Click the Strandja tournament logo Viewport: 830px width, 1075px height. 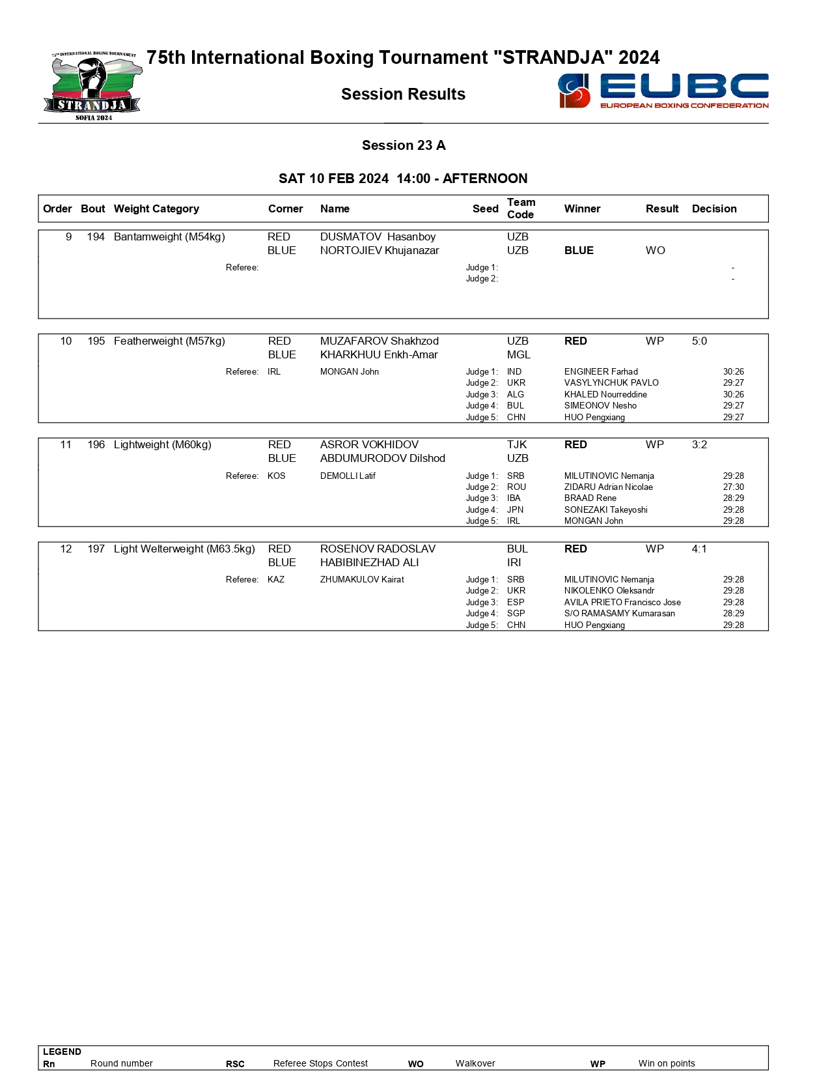pos(93,87)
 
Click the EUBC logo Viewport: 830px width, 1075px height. pos(663,91)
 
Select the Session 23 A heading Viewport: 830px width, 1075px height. pos(404,145)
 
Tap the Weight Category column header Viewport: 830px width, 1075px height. pos(156,208)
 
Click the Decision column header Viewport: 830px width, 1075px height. pos(714,208)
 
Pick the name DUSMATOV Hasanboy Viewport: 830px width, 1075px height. pos(378,236)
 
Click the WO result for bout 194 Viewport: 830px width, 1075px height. pos(655,250)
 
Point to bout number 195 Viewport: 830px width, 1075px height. pos(96,341)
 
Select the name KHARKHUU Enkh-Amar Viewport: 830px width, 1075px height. pos(379,354)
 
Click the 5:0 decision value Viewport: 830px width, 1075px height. pos(699,341)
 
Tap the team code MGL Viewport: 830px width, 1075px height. pos(519,354)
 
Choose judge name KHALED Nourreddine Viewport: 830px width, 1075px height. pos(605,394)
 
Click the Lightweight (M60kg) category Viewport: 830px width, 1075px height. pos(163,444)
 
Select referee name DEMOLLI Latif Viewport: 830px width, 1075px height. pos(348,476)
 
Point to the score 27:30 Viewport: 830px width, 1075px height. pos(733,487)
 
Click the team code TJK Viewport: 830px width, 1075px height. pos(517,444)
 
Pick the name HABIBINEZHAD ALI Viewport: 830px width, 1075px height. pos(369,562)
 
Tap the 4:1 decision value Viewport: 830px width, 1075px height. pos(699,549)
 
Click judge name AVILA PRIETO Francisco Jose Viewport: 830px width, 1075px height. pos(622,602)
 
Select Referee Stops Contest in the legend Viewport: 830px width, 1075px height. pos(320,1063)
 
